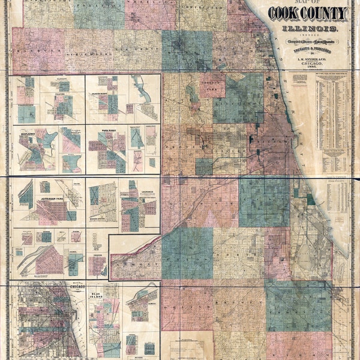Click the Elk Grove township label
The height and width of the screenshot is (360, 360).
[x=129, y=49]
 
